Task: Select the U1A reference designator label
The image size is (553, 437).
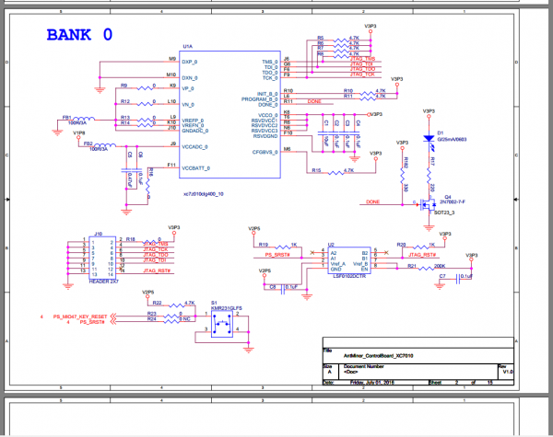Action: pyautogui.click(x=187, y=46)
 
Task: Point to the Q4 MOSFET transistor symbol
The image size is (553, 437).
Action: pyautogui.click(x=425, y=202)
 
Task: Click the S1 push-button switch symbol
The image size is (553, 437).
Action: pyautogui.click(x=223, y=325)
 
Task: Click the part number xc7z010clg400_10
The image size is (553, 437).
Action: pyautogui.click(x=204, y=195)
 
